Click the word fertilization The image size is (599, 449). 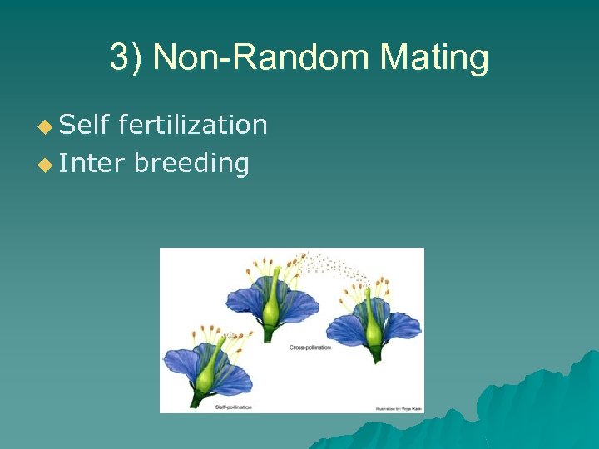tap(193, 125)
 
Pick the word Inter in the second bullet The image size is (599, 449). tap(92, 163)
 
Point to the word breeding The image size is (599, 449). tap(191, 164)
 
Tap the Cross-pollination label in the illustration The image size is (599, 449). tap(310, 348)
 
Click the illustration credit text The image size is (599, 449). tap(395, 408)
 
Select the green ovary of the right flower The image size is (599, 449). tap(375, 332)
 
